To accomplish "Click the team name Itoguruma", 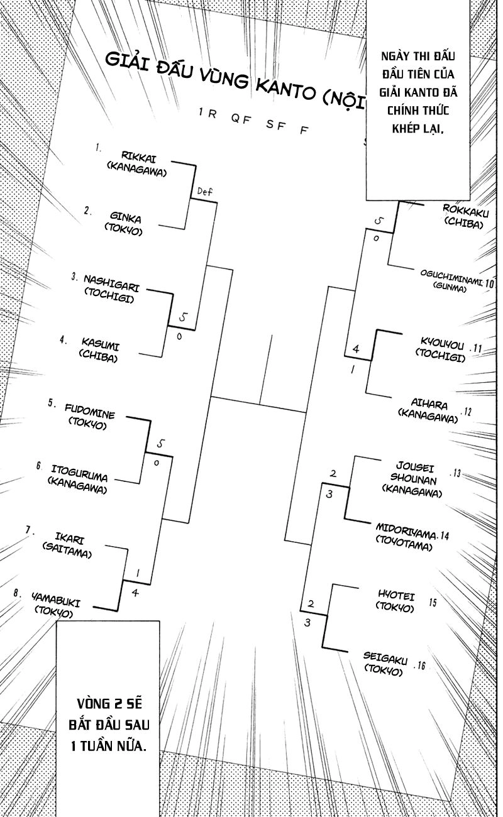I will (x=79, y=476).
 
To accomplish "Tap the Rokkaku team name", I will (x=466, y=211).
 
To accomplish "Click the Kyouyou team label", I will (x=442, y=346).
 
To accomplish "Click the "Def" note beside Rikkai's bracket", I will (x=206, y=191).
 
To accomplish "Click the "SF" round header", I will (x=274, y=124).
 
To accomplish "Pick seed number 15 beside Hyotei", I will (x=433, y=603).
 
